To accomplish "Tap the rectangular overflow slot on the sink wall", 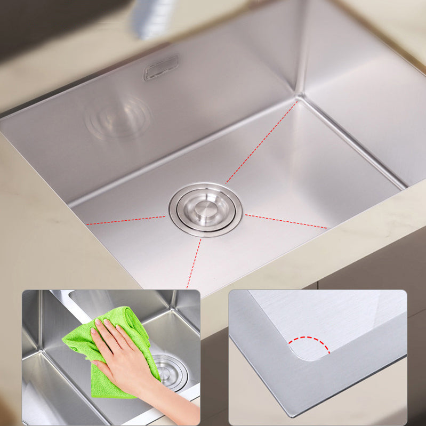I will point(161,68).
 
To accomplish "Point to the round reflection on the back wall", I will point(118,117).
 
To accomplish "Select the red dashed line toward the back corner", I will point(261,141).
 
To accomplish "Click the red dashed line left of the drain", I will point(126,220).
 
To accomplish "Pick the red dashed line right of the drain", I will point(286,221).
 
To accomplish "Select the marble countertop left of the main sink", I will point(32,213).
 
